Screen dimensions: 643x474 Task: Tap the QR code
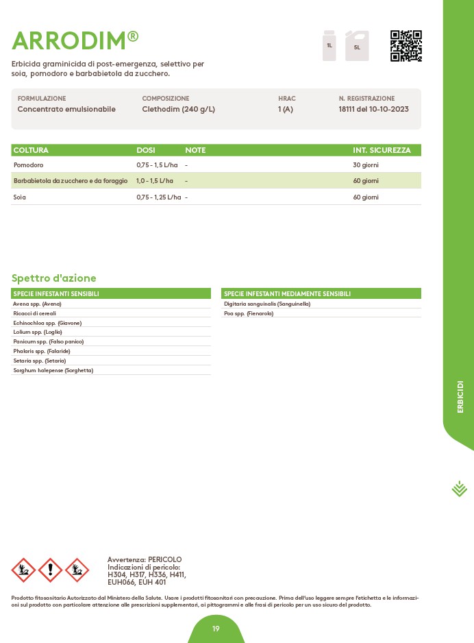pos(406,46)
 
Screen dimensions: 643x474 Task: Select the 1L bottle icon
pos(329,45)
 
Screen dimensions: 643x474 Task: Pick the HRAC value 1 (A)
pos(285,109)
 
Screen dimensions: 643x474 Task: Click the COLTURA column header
pos(31,150)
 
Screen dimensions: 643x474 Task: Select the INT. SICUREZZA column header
pos(382,150)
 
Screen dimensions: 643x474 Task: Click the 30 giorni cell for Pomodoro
pos(365,165)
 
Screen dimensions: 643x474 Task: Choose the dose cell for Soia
pos(158,197)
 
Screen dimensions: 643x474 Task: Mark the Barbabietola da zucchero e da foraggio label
pos(71,181)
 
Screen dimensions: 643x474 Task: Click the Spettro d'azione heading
pos(54,278)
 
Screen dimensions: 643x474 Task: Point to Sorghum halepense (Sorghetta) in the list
pos(53,370)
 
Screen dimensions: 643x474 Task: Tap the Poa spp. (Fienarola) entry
pos(249,313)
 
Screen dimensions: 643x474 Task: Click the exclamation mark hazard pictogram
pos(50,570)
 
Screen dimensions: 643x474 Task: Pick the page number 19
pos(216,629)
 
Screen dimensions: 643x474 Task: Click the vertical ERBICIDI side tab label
pos(460,396)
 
